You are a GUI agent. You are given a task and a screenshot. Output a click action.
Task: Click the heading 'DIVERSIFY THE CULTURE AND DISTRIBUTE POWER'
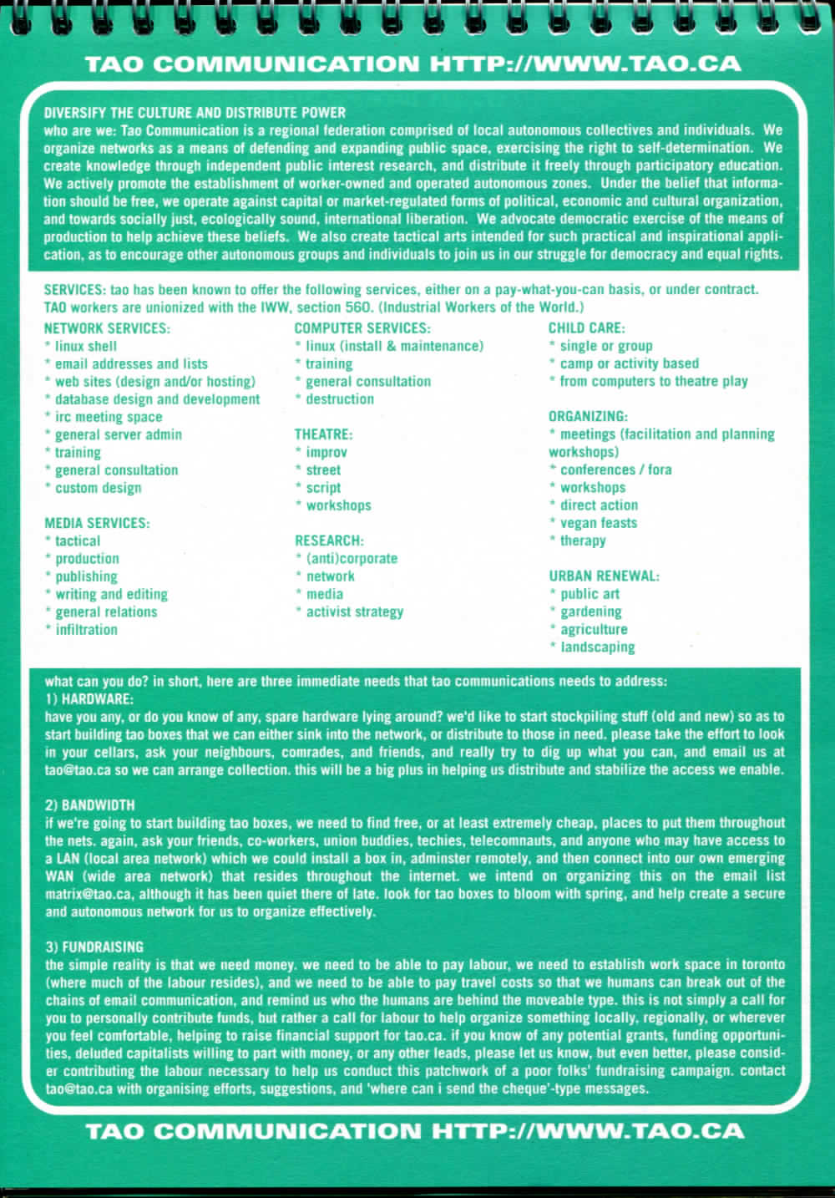coord(195,113)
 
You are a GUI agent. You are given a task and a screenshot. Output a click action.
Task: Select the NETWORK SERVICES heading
coord(107,328)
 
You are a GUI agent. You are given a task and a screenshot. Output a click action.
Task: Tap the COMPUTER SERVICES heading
coord(362,328)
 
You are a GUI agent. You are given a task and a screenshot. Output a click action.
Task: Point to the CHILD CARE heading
coord(586,328)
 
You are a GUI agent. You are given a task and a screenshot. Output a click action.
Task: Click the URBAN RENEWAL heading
coord(604,576)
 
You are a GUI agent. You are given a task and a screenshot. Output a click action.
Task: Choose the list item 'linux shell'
coord(85,346)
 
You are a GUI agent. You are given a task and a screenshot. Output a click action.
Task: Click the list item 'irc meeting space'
coord(108,417)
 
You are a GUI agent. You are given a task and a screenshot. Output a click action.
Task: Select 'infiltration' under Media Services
coord(86,630)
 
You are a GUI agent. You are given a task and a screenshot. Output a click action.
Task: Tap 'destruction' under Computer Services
coord(339,399)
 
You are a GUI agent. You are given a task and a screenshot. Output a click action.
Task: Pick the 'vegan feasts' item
coord(598,523)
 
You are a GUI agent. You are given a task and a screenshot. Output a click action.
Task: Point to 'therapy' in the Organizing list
coord(583,541)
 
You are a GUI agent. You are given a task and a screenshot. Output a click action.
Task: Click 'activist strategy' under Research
coord(354,612)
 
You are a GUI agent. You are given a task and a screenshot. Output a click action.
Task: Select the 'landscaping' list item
coord(597,647)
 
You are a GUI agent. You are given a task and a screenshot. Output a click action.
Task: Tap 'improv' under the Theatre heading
coord(326,452)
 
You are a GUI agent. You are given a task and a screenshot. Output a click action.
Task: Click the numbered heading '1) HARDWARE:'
coord(89,698)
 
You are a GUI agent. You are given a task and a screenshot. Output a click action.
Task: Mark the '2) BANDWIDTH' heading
coord(90,805)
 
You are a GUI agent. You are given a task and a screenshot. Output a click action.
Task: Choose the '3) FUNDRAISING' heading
coord(94,947)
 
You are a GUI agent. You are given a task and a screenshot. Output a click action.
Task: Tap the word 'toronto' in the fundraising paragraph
coord(759,965)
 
